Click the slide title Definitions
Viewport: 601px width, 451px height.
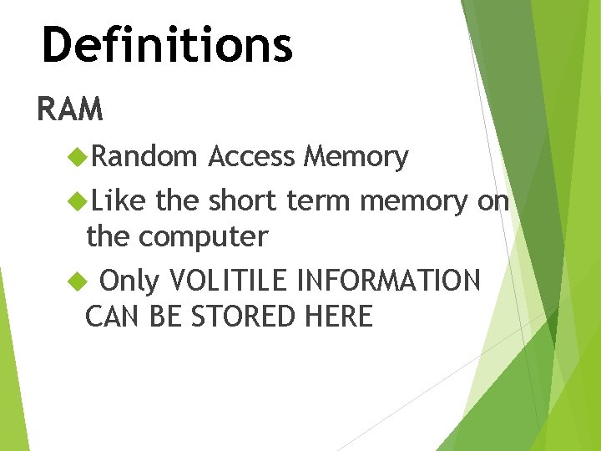click(x=167, y=45)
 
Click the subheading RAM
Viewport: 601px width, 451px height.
click(x=70, y=109)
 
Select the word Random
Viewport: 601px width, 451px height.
click(x=144, y=156)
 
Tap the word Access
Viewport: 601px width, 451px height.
click(x=252, y=156)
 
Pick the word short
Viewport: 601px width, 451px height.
click(x=244, y=200)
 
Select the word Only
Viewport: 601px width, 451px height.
click(x=129, y=282)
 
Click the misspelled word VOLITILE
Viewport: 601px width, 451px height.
click(x=230, y=281)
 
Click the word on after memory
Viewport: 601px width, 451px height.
click(x=493, y=201)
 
